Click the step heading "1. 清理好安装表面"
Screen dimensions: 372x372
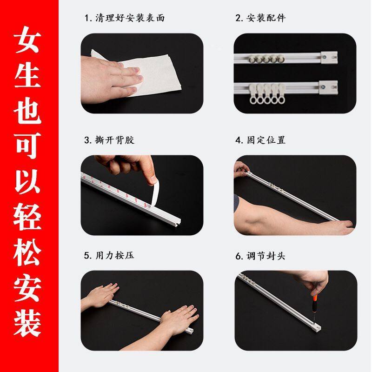tap(124, 19)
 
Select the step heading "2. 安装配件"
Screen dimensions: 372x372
tap(260, 19)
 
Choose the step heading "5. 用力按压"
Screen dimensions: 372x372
tap(109, 256)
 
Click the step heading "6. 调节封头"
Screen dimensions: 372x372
tap(260, 256)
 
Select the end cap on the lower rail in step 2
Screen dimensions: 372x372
tap(329, 86)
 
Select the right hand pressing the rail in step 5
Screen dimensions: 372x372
tap(179, 318)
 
